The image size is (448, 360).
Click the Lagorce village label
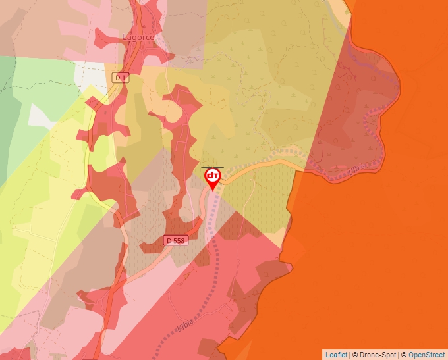tap(138, 38)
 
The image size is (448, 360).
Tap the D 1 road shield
tap(120, 78)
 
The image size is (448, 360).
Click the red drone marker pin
tap(213, 176)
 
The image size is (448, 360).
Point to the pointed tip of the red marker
tap(213, 191)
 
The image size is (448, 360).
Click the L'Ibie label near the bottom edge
tap(186, 326)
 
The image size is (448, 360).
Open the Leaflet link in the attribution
tap(336, 355)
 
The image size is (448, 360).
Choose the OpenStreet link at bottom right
tap(426, 355)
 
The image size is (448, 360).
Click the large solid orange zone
tap(376, 250)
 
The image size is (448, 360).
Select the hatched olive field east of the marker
tap(260, 197)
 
